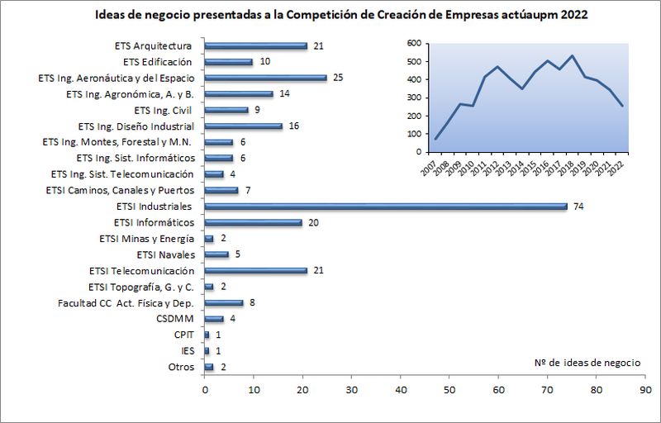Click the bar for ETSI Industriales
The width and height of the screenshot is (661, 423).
385,207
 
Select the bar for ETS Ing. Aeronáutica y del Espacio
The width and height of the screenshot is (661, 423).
265,78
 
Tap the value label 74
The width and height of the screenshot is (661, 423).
579,207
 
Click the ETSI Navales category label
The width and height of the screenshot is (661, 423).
165,254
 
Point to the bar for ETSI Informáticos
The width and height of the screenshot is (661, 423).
253,222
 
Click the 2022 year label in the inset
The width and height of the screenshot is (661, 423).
619,167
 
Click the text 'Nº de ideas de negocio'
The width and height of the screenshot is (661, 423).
587,362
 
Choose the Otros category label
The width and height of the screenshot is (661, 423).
181,367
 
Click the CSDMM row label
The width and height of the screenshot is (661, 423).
175,319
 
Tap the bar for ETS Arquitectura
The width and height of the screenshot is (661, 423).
255,45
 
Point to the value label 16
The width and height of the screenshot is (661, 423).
294,126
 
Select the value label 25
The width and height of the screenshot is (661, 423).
338,78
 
